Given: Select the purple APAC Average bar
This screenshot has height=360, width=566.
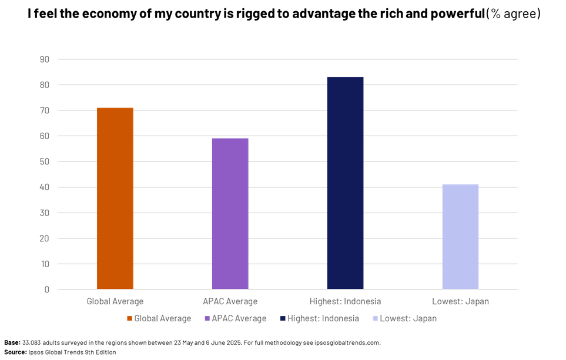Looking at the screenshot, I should coord(230,214).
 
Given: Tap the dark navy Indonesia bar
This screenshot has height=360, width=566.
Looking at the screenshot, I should coord(345,183).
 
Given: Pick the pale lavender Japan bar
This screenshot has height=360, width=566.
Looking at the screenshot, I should coord(460,237).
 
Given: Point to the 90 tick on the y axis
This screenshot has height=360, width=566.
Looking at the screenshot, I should coord(45,59).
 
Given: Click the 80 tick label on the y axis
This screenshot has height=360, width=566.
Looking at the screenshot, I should coord(45,85).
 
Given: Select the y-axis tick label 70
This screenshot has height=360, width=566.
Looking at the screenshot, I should coord(45,110).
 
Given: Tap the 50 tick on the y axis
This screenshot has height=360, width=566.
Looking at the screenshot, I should coord(45,162).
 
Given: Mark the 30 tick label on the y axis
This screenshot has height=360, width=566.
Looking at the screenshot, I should coord(45,213).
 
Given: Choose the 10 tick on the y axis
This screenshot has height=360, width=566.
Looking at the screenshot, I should coord(45,264).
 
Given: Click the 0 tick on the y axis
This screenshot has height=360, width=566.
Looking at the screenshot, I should coord(47,290).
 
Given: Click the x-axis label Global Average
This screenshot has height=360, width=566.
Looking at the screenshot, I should coord(115,302).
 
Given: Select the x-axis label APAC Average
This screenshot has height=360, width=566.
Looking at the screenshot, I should coord(230,302).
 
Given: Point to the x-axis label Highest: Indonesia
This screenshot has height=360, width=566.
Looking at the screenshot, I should coord(345,302).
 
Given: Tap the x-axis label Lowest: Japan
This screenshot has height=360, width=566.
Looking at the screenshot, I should coord(460,302).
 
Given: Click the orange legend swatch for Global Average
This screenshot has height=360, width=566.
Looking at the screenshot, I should coord(130,319).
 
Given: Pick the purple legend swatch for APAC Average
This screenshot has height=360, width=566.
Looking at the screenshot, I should coord(207,319).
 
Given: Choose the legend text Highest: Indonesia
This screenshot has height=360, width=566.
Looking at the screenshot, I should coord(323,319).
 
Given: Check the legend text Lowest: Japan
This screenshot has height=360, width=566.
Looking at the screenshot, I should coord(408,319).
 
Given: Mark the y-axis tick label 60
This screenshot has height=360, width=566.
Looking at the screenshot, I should coord(45,136).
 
